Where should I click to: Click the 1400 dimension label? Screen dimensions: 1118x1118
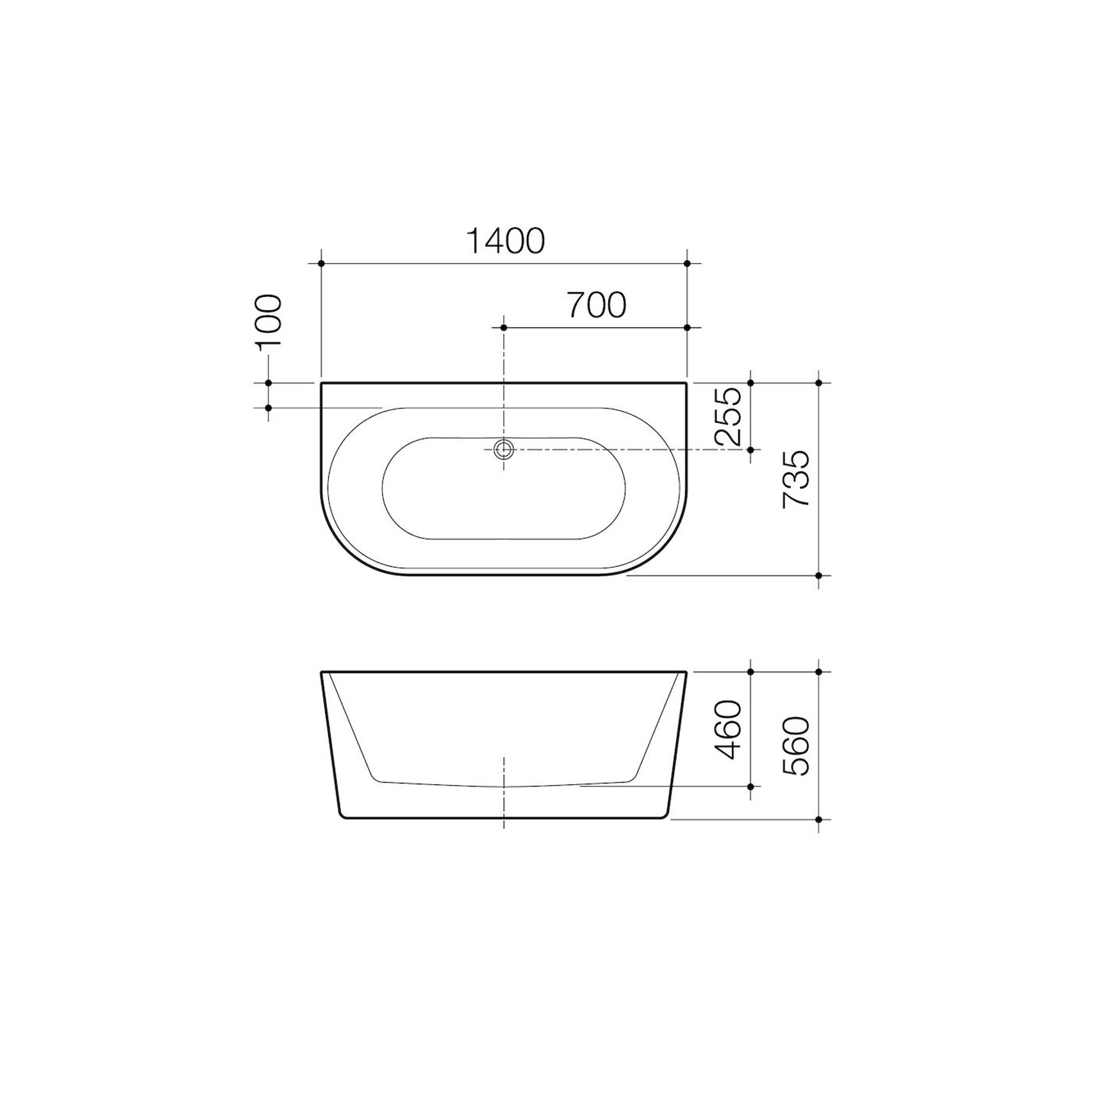coord(505,241)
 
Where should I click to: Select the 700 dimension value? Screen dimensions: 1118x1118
coord(597,305)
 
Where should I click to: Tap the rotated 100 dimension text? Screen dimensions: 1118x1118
coord(269,322)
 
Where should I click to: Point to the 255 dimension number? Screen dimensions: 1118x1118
coord(728,416)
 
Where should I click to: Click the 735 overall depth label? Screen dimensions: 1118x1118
coord(796,479)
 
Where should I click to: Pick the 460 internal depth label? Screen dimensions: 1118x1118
coord(728,729)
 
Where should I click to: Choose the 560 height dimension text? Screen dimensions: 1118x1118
coord(796,746)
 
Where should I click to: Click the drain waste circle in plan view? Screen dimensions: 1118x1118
coord(504,449)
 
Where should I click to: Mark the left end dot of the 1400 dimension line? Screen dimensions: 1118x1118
coord(322,263)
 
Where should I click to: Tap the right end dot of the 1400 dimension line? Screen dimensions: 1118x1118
coord(687,263)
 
